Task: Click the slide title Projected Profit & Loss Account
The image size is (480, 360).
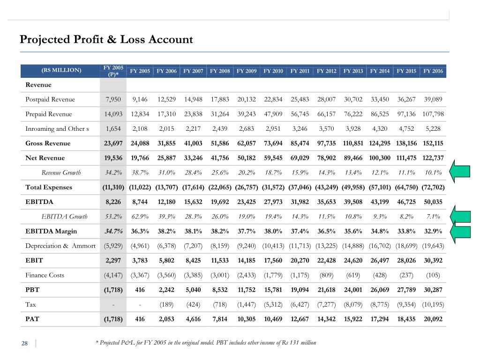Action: [x=106, y=39]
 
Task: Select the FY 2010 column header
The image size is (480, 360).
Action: [x=273, y=71]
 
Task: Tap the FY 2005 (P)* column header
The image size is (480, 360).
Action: [x=113, y=71]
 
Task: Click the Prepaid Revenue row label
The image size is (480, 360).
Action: [x=49, y=114]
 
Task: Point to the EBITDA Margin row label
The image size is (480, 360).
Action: [x=51, y=232]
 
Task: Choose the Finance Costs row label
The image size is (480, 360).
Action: [x=45, y=275]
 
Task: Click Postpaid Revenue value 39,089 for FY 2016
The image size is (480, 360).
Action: [x=433, y=99]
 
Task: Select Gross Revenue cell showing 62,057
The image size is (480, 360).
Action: [x=247, y=143]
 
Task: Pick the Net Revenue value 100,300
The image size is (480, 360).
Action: [x=380, y=158]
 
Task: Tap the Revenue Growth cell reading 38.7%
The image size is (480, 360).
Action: [x=140, y=172]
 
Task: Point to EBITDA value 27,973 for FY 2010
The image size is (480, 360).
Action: [x=273, y=202]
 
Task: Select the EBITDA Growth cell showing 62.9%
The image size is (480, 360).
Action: [x=140, y=217]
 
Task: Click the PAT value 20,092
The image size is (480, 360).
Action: [x=433, y=319]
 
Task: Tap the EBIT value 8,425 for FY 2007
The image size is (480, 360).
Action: [x=193, y=261]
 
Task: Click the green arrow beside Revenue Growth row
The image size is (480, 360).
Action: [x=460, y=172]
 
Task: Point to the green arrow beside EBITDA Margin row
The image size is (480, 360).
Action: [x=460, y=232]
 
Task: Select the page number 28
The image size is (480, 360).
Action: [x=24, y=344]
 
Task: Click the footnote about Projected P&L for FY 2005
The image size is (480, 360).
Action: [x=206, y=343]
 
